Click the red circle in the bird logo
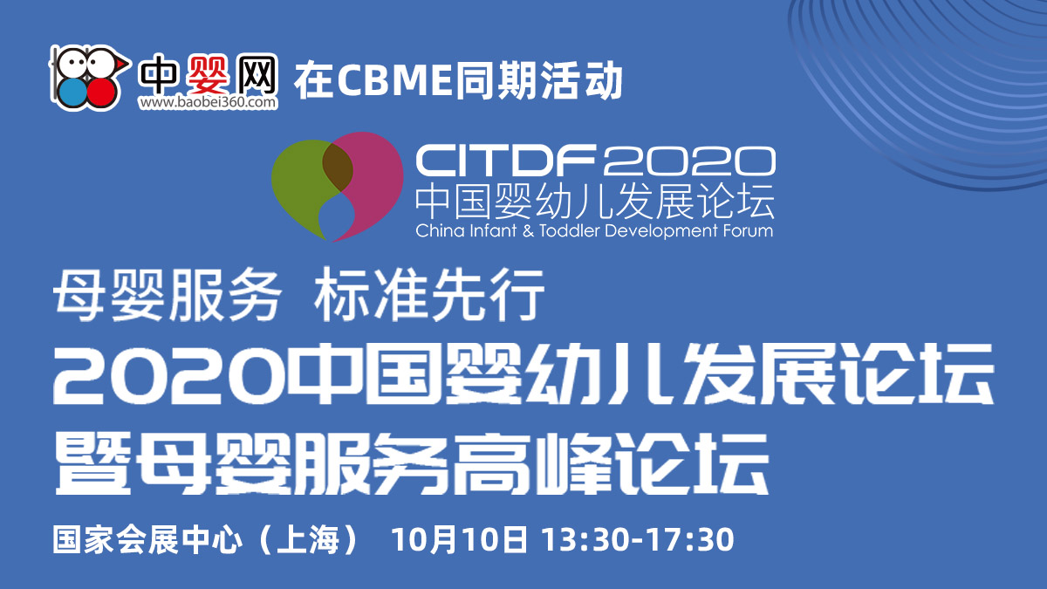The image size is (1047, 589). (x=102, y=92)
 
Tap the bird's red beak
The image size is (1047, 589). (x=123, y=63)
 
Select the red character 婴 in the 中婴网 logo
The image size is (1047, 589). (x=208, y=74)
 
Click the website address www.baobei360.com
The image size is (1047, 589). (x=208, y=102)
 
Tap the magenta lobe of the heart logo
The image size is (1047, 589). (x=369, y=182)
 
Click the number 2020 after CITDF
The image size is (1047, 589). (x=690, y=160)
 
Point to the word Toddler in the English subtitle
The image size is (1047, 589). (x=569, y=230)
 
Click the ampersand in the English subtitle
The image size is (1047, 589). (x=528, y=231)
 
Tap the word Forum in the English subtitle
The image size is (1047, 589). (x=748, y=230)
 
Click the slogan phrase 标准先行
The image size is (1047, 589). (x=429, y=296)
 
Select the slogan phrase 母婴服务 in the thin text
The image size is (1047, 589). (x=167, y=296)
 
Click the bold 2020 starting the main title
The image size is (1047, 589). (x=169, y=374)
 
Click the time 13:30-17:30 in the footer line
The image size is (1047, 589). (x=638, y=540)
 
